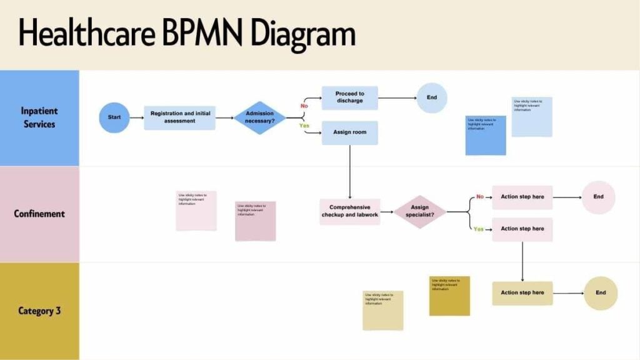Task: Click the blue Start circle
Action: point(114,117)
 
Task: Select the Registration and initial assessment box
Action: point(179,117)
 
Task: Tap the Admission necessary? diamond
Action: point(260,117)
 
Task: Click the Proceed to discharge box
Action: point(349,97)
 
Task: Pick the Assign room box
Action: point(349,132)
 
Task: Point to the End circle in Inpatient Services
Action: point(432,97)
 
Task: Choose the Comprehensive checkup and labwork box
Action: point(349,211)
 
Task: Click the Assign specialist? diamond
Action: point(420,211)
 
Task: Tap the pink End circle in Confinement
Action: point(598,197)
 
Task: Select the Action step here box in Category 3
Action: point(522,292)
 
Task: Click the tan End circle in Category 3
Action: point(600,292)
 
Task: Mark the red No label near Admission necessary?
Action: point(304,106)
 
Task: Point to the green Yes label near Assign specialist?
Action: point(478,229)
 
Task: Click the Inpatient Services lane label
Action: point(39,117)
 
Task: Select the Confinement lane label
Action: point(39,214)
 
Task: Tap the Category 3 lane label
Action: point(39,311)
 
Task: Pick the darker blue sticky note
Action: point(486,135)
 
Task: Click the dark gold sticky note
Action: point(449,296)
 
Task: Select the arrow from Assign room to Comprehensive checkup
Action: point(349,172)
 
